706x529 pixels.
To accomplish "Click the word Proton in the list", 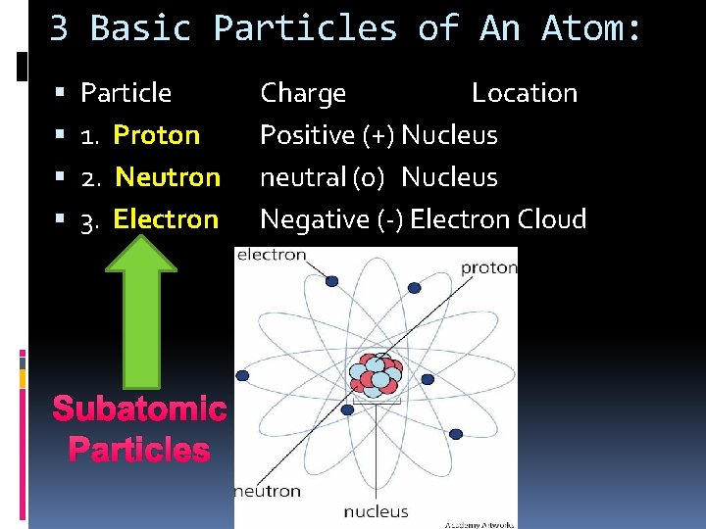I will (157, 135).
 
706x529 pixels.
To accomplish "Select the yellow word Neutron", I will (168, 177).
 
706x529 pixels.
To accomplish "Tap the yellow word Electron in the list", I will (166, 219).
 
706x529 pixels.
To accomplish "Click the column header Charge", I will (303, 93).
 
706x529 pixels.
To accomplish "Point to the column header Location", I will (525, 93).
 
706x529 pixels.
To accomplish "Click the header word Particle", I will (126, 93).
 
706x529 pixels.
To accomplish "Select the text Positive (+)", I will (328, 135).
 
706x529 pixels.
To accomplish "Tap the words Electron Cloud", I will (498, 219).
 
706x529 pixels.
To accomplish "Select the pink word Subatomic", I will (139, 409).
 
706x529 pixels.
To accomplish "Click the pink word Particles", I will (139, 450).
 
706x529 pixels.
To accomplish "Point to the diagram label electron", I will (272, 256).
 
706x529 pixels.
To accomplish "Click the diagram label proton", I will (488, 267).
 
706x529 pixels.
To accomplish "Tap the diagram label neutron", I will (267, 491).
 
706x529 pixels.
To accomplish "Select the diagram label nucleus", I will (376, 511).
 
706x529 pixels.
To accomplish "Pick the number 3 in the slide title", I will (59, 29).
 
